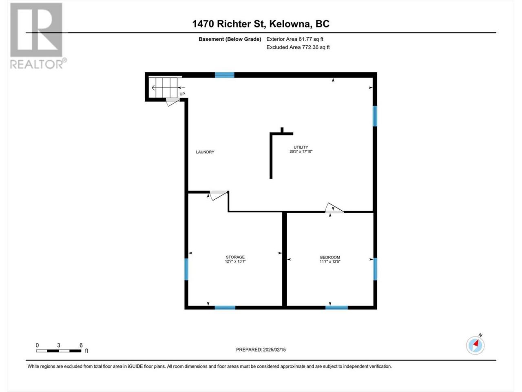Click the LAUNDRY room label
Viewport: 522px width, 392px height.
tap(205, 152)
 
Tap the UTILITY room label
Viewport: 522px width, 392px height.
tap(301, 147)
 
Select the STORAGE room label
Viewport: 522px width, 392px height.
tap(235, 257)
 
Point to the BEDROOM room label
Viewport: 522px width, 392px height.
tap(330, 257)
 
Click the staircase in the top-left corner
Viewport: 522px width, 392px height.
tap(163, 87)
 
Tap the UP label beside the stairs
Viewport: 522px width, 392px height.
tap(182, 94)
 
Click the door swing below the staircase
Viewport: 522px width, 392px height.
tap(173, 102)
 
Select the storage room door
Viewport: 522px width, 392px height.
tap(219, 195)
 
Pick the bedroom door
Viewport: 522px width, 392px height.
tap(334, 208)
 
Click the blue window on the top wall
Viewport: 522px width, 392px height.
tap(224, 75)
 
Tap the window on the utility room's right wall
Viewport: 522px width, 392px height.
tap(375, 116)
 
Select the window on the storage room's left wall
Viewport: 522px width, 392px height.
tap(186, 269)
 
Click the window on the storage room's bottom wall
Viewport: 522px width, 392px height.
tap(225, 307)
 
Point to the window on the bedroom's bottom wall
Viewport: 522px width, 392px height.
tap(336, 307)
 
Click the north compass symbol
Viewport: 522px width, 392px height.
tap(475, 345)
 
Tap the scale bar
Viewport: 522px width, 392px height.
tap(59, 351)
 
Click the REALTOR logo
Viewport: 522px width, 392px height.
tap(38, 36)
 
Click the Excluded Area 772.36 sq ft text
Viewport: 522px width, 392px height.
tap(298, 47)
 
